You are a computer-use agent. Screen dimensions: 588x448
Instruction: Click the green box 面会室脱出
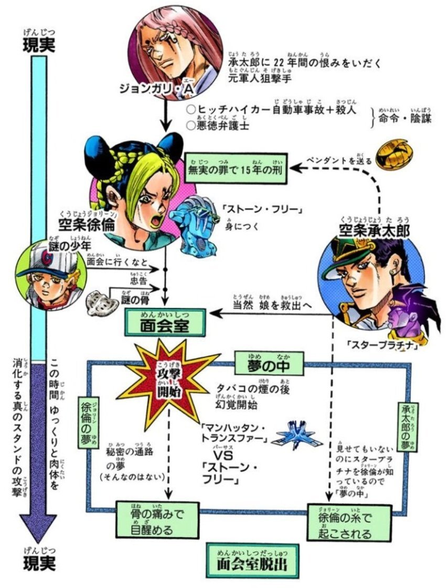(252, 562)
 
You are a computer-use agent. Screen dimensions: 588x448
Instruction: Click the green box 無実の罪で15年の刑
(234, 168)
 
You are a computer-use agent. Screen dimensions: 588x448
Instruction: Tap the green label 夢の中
(269, 363)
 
